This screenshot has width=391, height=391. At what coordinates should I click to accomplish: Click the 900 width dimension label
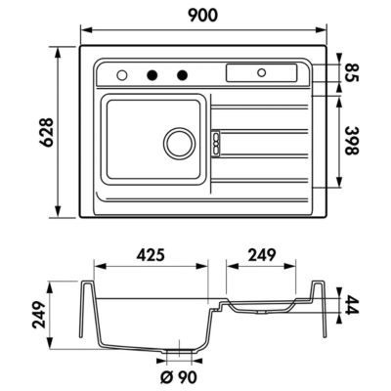coord(202,16)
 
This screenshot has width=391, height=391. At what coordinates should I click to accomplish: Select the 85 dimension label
coord(351,73)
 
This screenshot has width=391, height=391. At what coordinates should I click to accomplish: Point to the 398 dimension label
coord(351,141)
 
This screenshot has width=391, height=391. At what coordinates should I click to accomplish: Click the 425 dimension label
coord(151,255)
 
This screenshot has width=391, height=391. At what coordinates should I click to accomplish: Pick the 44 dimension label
coord(351,305)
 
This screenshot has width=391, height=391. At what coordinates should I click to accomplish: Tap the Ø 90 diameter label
coord(179,377)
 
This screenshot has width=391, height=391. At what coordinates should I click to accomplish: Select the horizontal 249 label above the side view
coord(262,255)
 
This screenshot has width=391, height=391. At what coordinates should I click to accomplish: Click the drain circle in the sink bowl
coord(180,143)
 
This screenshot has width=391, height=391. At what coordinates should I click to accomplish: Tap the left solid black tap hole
coord(152,75)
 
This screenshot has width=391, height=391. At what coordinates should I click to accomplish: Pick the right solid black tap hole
coord(182,75)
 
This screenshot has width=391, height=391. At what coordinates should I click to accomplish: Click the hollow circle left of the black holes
coord(122,75)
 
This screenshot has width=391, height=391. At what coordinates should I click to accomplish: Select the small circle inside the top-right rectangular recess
coord(261,72)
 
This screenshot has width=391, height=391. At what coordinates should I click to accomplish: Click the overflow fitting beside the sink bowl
coord(216,143)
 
